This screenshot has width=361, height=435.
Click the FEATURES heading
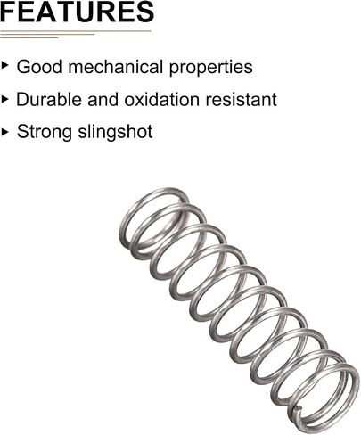[x=77, y=12]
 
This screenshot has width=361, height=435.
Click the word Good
[x=39, y=67]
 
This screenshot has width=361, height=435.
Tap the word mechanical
[x=115, y=67]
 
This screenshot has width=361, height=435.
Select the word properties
[x=211, y=68]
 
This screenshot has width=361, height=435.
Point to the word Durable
[x=48, y=99]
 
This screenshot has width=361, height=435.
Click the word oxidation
[x=161, y=99]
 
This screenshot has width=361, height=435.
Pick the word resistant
[x=242, y=99]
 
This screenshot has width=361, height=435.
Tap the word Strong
[x=44, y=133]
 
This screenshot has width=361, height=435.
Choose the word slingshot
[x=115, y=132]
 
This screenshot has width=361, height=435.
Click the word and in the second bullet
[x=103, y=99]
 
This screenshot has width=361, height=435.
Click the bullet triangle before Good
[x=4, y=66]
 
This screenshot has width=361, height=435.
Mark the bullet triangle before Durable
[x=4, y=99]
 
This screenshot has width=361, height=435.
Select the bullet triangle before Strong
[x=4, y=132]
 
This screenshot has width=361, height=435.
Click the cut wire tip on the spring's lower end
[x=298, y=410]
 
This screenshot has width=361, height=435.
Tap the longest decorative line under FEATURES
[x=76, y=31]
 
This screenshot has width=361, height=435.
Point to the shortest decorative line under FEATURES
[x=29, y=37]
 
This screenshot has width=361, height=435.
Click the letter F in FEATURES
[x=8, y=12]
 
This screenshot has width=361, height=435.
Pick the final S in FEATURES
[x=144, y=12]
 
